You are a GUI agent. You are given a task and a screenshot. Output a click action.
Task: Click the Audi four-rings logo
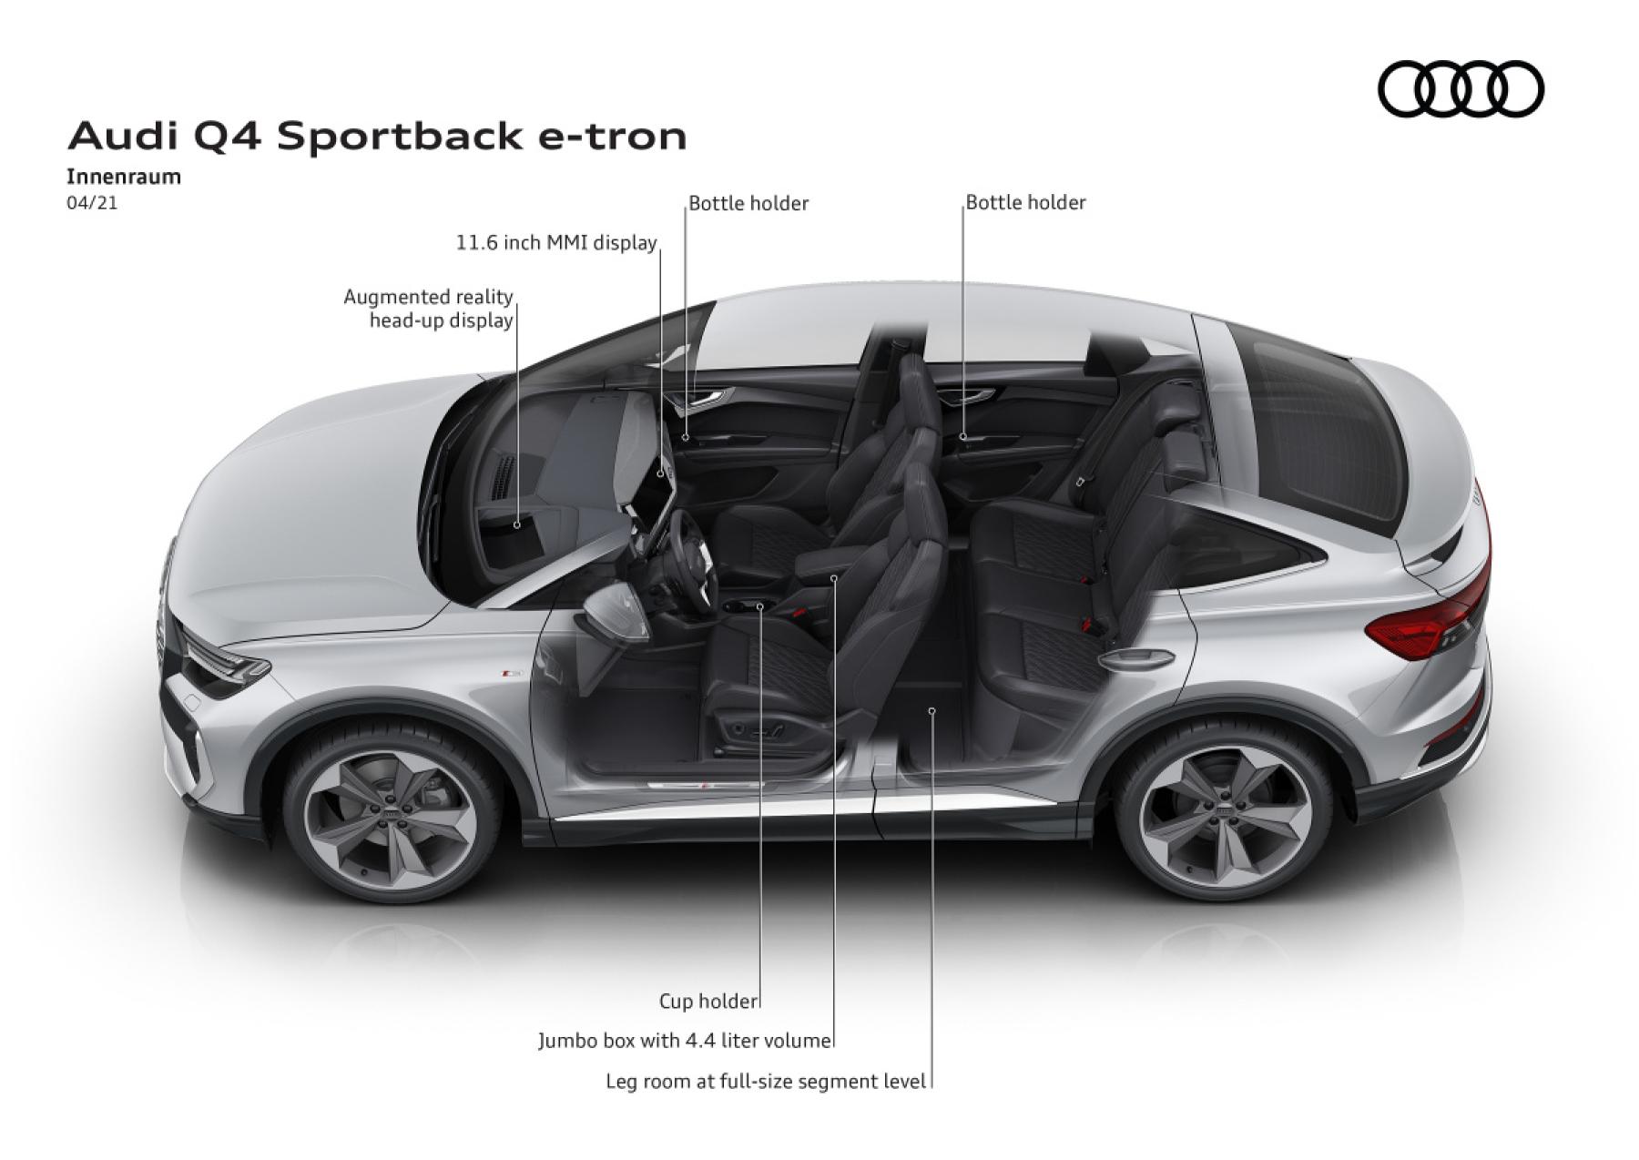click(x=1461, y=89)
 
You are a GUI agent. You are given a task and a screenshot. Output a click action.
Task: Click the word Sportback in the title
click(x=400, y=136)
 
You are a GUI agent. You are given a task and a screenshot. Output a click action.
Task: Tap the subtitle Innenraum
click(x=124, y=177)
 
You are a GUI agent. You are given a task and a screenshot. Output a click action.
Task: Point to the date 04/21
click(x=92, y=203)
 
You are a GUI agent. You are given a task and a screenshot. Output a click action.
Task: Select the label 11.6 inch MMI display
click(x=556, y=243)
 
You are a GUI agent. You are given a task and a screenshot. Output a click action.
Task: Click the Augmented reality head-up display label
click(x=429, y=309)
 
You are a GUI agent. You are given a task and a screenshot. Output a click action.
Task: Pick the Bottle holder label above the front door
click(x=748, y=203)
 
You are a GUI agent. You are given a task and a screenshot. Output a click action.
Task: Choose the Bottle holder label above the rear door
click(x=1025, y=202)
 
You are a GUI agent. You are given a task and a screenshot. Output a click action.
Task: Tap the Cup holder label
click(x=708, y=1002)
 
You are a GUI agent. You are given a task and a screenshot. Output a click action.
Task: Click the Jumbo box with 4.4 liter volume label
click(x=685, y=1041)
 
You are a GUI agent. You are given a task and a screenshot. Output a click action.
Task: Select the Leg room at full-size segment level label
click(x=766, y=1082)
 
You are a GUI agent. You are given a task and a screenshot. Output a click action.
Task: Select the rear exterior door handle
click(x=1135, y=656)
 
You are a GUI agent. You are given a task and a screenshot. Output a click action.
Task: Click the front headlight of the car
click(x=223, y=660)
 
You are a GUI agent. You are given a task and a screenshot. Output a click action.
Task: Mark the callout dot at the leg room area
click(x=931, y=710)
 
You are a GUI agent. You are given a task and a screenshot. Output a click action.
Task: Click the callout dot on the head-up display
click(x=516, y=524)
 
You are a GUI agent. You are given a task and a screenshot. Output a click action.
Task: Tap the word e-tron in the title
click(x=612, y=137)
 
